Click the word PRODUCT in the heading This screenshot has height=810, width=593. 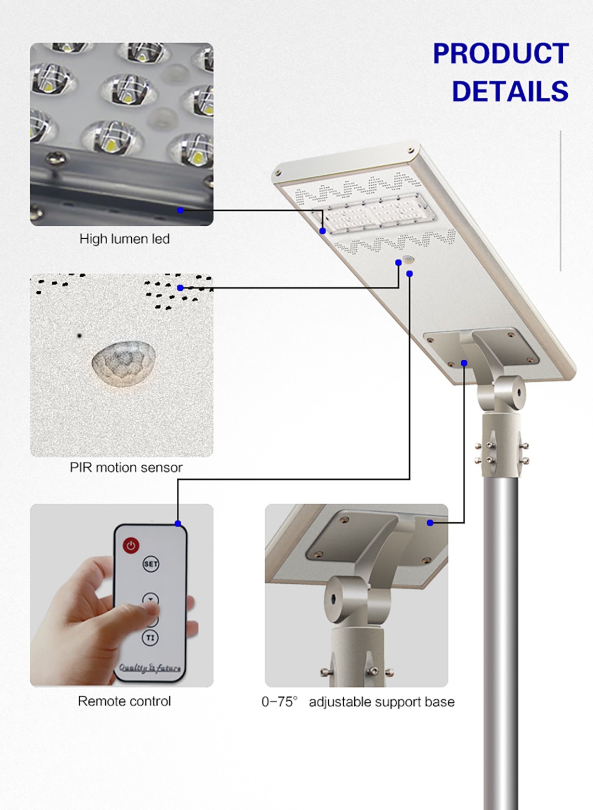pos(501,53)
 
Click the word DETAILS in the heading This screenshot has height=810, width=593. pos(510,91)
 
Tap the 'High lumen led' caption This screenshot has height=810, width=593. pos(125,239)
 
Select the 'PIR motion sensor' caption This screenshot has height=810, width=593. pos(126,467)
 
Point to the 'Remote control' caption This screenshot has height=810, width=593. pos(125,701)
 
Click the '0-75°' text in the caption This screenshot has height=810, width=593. pos(279,702)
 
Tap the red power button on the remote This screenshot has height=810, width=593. pos(131,545)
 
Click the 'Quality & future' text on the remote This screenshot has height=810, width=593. pos(150,668)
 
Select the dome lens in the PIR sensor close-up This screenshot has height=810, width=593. pos(124,364)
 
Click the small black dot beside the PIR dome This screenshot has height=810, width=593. pos(79,336)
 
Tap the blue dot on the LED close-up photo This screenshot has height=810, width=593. pos(181,210)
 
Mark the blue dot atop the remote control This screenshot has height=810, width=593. pos(177,523)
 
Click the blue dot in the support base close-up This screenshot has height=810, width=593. pos(430,523)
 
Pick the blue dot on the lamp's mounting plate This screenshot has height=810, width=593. pos(465,362)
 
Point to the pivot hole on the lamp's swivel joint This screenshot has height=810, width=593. pos(518,392)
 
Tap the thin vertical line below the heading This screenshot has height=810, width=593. pos(561,200)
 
